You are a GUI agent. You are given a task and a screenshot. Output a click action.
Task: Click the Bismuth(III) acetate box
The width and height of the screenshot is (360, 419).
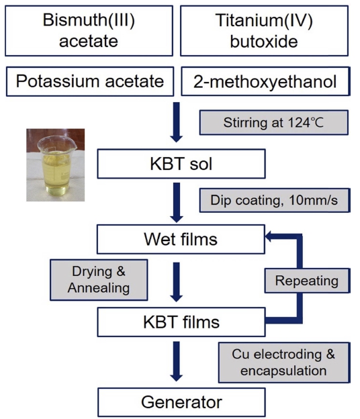89,31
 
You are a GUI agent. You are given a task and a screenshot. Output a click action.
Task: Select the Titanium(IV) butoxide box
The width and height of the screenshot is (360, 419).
264,31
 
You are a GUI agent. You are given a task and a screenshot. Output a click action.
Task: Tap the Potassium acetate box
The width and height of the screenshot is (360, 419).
90,81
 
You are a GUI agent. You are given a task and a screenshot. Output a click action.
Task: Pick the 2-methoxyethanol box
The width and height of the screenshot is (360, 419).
265,81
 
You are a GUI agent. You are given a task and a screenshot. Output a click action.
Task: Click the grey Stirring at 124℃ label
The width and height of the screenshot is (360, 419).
273,122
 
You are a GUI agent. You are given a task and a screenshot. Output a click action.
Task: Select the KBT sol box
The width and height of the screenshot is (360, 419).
181,164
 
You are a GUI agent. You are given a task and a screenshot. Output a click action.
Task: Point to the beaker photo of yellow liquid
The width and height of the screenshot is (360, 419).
55,165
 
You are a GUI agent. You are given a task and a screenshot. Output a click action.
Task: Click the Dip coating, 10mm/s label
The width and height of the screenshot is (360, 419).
275,200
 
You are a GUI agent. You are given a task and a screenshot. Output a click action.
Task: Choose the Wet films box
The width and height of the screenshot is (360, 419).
181,239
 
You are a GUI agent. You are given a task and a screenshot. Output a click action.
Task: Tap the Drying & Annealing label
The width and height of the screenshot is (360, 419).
99,279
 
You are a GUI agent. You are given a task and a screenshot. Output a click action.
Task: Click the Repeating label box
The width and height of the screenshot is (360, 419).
307,281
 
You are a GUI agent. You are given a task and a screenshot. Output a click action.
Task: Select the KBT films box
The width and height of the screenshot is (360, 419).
181,322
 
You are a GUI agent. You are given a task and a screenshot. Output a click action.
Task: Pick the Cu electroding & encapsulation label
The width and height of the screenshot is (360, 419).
284,363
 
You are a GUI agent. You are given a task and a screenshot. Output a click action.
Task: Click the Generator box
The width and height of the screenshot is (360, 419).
181,402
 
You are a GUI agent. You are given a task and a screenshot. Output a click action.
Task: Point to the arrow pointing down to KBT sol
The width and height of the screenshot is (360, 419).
177,122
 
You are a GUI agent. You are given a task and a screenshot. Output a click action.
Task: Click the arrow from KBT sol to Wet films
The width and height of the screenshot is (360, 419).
177,203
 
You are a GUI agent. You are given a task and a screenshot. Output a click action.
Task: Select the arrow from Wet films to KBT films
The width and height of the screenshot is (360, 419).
177,282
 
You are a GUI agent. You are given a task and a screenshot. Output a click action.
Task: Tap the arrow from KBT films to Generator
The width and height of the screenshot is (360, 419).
177,361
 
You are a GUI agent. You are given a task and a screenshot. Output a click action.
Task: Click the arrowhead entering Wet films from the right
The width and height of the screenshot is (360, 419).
269,236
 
